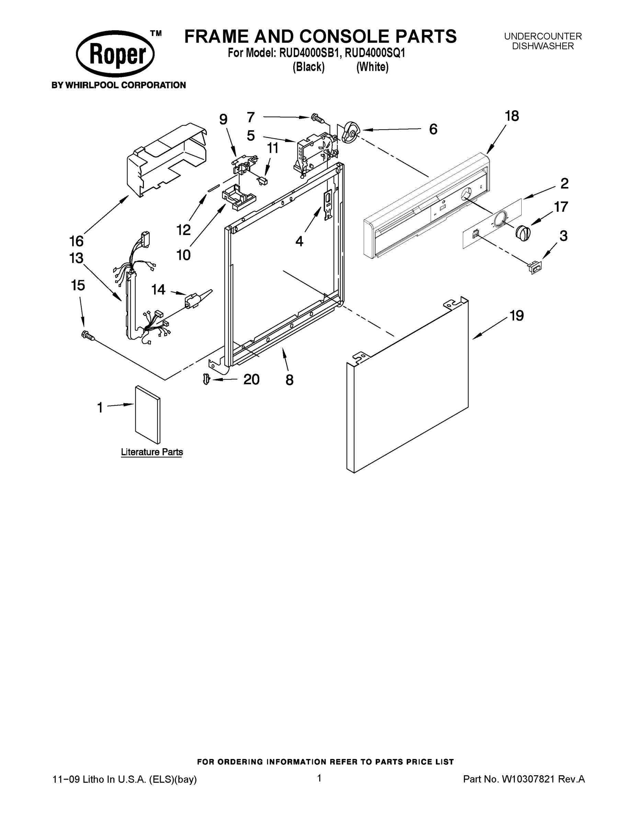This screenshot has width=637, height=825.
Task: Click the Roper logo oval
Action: [115, 54]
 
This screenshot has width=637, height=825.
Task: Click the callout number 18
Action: [512, 116]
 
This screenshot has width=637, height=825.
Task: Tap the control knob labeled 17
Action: [523, 232]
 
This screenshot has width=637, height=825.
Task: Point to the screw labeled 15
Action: [87, 335]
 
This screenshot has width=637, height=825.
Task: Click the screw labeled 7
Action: [317, 119]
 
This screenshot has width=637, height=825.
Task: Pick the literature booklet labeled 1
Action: [148, 414]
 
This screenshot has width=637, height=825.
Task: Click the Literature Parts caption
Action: [152, 452]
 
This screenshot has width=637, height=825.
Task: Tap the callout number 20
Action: [251, 379]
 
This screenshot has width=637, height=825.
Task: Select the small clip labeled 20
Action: [206, 378]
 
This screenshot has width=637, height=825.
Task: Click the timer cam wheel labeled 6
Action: [350, 133]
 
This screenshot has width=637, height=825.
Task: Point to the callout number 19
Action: [516, 316]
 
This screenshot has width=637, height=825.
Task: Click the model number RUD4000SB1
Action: [310, 53]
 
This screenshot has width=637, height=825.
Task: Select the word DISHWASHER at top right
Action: [543, 46]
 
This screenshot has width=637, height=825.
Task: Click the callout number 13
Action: [76, 258]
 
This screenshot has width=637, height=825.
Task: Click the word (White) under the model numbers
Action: [372, 67]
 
